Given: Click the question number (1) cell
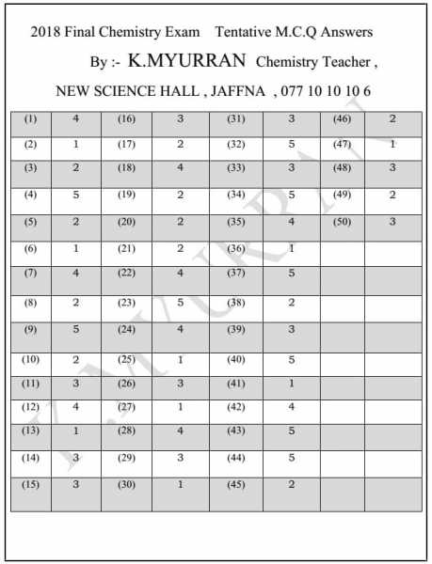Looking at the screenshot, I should click(31, 119).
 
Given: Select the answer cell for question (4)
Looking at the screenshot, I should click(75, 196).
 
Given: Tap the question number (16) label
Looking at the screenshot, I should click(126, 119).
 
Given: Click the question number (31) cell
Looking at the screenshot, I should click(235, 119).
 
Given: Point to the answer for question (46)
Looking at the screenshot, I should click(392, 119).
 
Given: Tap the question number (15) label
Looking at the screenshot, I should click(31, 484).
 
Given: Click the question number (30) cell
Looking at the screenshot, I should click(126, 484).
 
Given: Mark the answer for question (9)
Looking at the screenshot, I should click(75, 330).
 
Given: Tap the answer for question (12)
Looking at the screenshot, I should click(75, 406).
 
